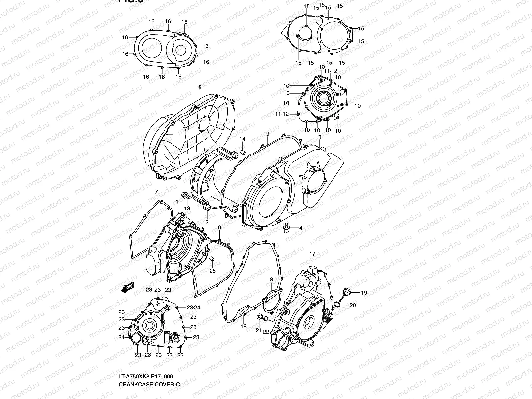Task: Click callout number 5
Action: tap(200, 88)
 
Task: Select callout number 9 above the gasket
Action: tap(268, 134)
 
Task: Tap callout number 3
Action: tap(320, 137)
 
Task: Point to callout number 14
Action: tap(243, 139)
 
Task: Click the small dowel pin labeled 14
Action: tap(243, 153)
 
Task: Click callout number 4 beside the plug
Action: tap(301, 228)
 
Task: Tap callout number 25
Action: tap(212, 271)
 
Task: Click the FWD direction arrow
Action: tap(127, 288)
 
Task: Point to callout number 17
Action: tap(312, 254)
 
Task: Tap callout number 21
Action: tap(259, 330)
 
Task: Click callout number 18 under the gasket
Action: tap(244, 326)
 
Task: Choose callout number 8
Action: tap(271, 279)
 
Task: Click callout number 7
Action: tap(156, 192)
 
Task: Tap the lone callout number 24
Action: tap(121, 337)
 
